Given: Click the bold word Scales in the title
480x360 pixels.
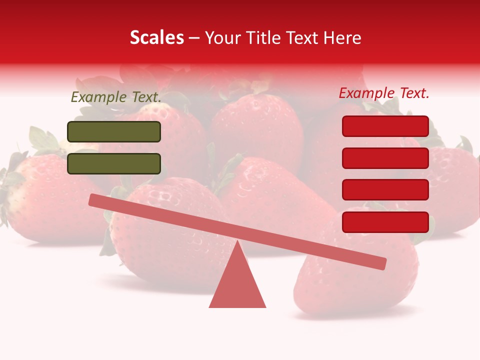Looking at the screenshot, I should coord(156,37).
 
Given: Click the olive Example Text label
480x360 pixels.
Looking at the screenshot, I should coord(116,97).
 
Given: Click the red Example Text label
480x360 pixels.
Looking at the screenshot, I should coord(384,93).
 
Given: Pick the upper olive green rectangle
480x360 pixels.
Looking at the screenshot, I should coord(114,131).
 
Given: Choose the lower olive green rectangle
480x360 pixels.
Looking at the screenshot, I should coord(114,163).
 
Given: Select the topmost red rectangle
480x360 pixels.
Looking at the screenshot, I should coord(385,126).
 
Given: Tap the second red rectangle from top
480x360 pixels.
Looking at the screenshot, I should coord(385,158).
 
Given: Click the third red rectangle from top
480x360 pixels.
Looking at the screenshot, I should coord(385,190).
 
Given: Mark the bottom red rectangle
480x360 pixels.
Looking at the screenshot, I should coord(385,222).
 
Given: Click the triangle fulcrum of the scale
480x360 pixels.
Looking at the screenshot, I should coord(237,285).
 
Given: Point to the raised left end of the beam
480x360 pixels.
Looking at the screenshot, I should coord(93,199).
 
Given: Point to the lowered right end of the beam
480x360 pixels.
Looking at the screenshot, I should coord(382,263).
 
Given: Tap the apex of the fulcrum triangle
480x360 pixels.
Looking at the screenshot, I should coord(238,242).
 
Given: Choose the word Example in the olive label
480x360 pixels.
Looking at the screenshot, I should coord(98,97).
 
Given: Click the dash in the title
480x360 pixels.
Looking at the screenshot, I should coord(194,38).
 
